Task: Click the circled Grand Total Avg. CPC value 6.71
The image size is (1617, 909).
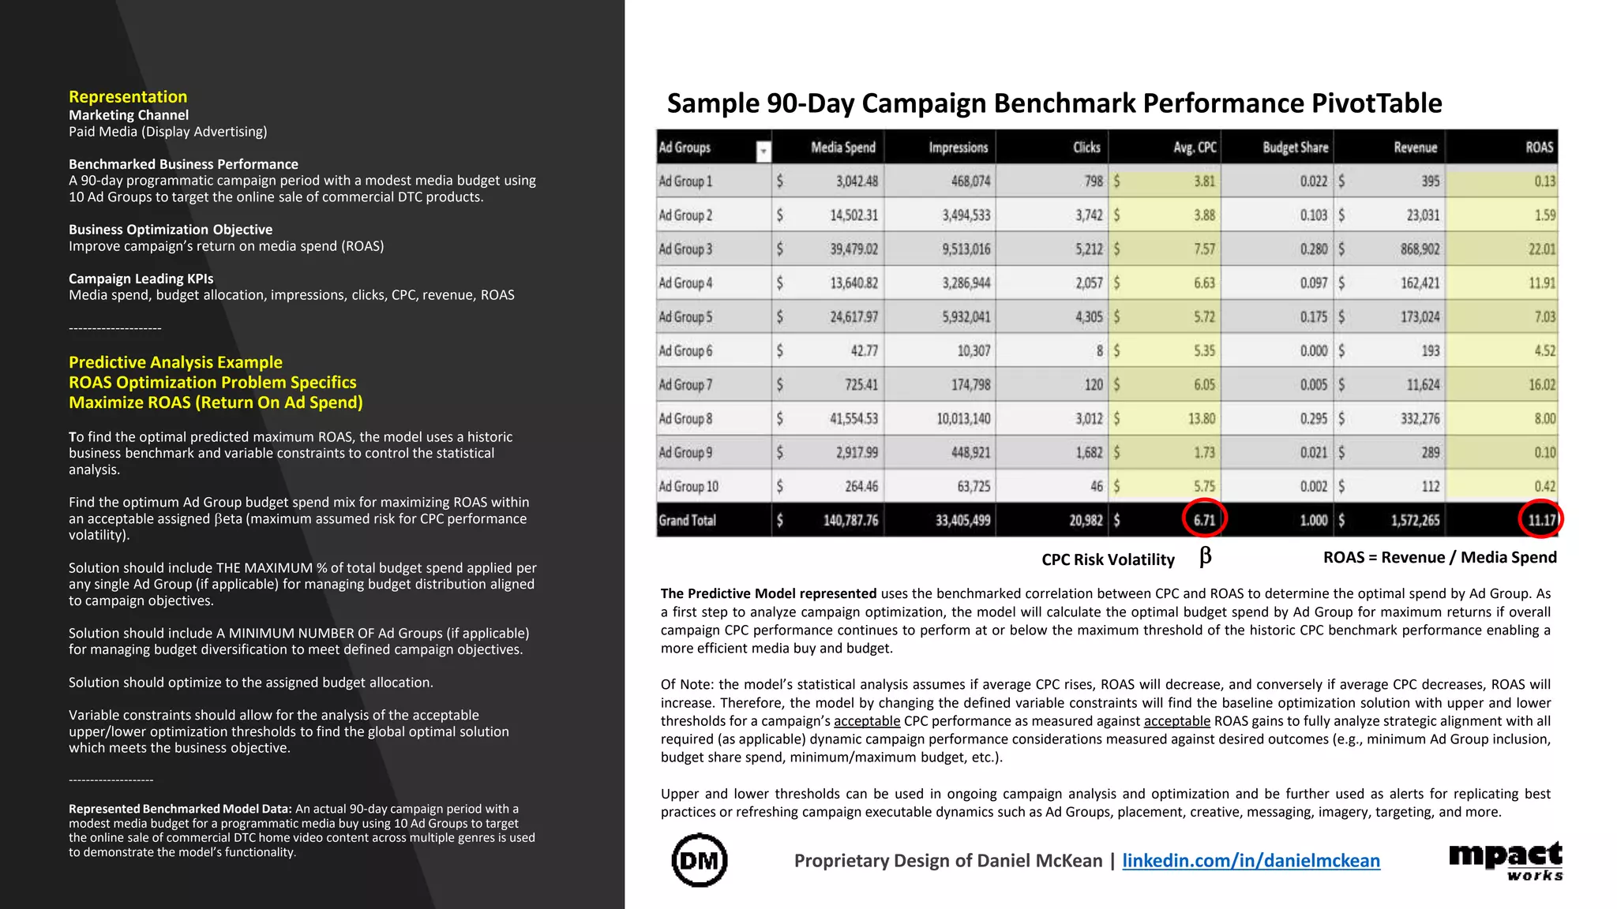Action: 1204,520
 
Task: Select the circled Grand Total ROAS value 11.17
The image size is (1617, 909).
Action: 1541,520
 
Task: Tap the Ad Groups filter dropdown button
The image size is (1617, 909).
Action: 763,151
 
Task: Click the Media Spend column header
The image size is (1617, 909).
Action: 842,148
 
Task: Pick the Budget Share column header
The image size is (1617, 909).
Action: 1295,148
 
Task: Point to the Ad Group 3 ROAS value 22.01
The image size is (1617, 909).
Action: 1541,249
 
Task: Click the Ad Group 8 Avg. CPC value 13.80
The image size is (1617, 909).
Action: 1202,419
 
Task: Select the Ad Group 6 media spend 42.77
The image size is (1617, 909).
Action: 864,351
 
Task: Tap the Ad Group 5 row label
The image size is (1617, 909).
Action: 685,317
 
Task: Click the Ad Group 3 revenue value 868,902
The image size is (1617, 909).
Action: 1420,249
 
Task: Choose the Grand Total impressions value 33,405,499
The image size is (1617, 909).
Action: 962,521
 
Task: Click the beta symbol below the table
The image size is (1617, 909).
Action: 1205,556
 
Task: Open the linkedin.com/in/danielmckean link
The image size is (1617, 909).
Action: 1251,861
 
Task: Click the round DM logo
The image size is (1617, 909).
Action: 700,860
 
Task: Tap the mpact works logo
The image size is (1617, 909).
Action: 1506,860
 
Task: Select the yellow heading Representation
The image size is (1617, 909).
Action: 128,97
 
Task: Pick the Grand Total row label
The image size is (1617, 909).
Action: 687,521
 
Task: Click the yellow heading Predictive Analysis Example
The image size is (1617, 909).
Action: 175,362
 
